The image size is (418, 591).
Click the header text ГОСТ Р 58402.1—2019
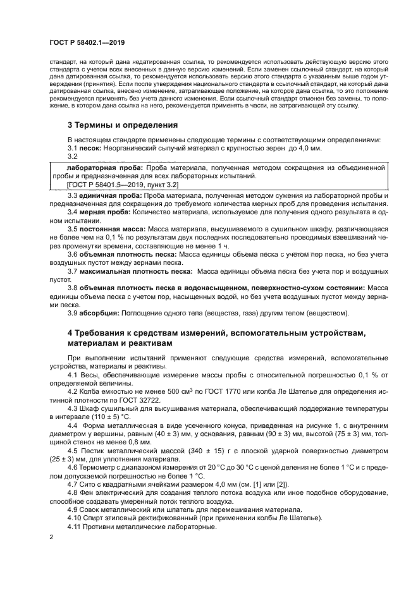[87, 42]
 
